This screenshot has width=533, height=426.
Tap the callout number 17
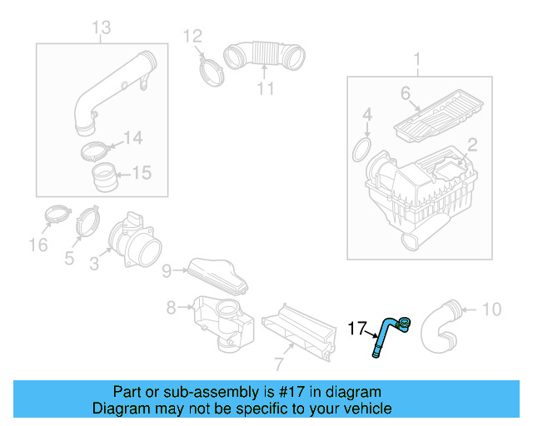(356, 330)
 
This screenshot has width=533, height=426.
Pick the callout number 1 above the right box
(417, 58)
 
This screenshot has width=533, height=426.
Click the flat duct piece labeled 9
(217, 274)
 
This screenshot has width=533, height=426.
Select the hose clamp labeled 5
(87, 226)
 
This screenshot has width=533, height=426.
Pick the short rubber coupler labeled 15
(105, 176)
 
